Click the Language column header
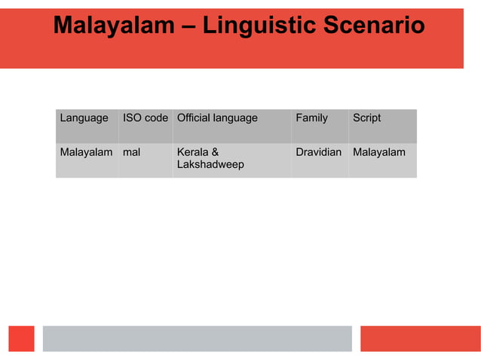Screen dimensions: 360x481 coord(84,118)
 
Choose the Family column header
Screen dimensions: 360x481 coord(311,118)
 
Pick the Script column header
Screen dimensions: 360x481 coord(366,118)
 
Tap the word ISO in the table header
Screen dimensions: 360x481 coord(132,118)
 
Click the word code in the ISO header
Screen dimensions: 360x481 coord(156,118)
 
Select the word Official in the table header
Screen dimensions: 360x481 coord(193,118)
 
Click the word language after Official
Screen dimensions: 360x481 coord(234,118)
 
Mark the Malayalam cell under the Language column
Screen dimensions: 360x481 coord(86,152)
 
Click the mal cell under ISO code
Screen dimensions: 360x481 coord(131,152)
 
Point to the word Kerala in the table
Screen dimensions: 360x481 coord(193,152)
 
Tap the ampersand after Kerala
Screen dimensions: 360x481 coord(216,152)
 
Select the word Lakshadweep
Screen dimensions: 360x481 coord(210,164)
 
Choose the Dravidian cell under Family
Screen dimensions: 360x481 coord(318,152)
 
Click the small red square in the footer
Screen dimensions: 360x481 coord(22,338)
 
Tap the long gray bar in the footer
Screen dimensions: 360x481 coord(197,338)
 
